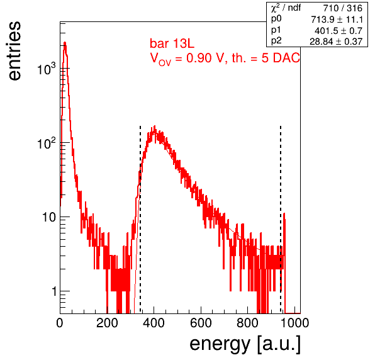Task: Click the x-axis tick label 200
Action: pos(107,323)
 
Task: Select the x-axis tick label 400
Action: pos(154,323)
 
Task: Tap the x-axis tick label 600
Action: pos(201,323)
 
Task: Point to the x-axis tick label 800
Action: pos(247,323)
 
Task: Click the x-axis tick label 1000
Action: pos(294,323)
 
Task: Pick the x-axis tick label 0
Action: pos(60,323)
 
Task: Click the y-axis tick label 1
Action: pos(54,291)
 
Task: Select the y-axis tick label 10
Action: pos(49,217)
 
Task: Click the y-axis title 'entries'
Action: pos(15,51)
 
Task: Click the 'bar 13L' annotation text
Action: pos(172,44)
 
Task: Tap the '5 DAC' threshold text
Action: pos(281,58)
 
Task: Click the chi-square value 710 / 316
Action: pos(343,8)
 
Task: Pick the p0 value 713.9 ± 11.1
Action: pos(337,20)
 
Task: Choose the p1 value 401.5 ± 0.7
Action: pos(339,31)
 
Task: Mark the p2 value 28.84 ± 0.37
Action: pos(336,42)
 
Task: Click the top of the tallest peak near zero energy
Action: pos(65,43)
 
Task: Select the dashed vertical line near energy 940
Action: pos(281,219)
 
